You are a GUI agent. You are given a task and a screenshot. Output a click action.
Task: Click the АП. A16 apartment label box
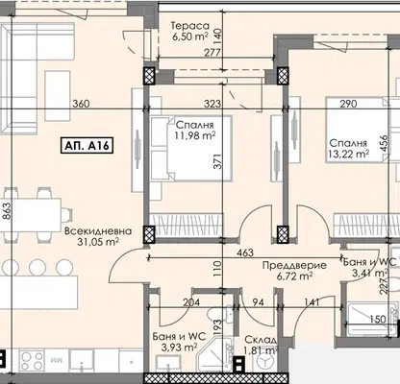click(87, 146)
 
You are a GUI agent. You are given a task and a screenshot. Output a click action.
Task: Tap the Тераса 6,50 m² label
click(190, 31)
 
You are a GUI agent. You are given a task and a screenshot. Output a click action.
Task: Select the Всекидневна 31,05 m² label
click(98, 236)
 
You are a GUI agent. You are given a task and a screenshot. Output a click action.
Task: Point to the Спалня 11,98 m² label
click(194, 131)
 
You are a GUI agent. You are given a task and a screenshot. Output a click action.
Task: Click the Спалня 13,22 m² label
click(348, 149)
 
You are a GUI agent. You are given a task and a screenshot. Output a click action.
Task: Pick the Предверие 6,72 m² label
click(294, 271)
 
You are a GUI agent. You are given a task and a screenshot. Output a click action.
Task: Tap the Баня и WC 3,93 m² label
click(179, 342)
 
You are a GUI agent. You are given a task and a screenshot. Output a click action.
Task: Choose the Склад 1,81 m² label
click(261, 345)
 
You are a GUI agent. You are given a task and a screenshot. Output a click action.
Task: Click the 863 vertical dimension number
click(7, 211)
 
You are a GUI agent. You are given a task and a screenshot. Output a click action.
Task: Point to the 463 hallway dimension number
click(245, 252)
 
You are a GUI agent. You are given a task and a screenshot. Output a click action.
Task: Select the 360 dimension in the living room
click(81, 104)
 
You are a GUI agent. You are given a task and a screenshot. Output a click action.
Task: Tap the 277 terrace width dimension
click(212, 52)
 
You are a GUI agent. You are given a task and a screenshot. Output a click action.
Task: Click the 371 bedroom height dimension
click(217, 162)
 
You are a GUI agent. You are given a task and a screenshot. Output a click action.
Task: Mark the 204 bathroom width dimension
click(191, 302)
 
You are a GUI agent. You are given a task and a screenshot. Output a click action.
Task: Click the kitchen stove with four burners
click(32, 361)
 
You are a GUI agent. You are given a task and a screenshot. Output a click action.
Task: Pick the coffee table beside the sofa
click(58, 96)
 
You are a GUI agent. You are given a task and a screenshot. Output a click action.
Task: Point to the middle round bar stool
click(37, 267)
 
